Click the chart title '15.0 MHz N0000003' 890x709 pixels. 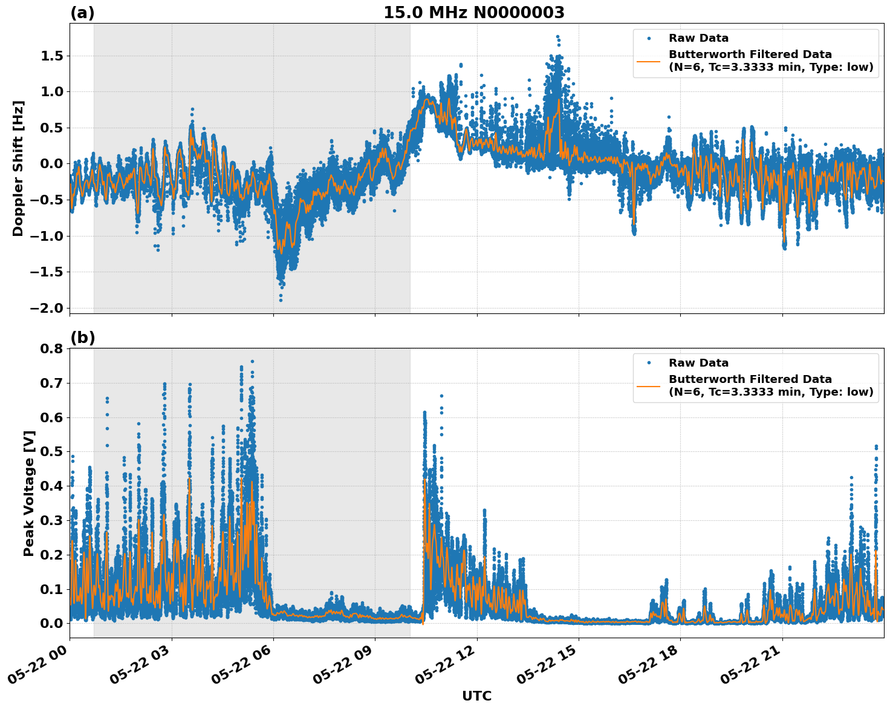473,13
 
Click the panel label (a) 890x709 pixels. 82,13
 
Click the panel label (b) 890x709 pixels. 82,338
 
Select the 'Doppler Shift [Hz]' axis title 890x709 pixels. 18,168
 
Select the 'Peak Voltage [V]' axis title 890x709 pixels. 28,493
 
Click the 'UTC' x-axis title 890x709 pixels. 476,696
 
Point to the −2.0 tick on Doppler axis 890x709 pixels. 46,308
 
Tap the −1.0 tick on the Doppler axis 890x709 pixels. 46,236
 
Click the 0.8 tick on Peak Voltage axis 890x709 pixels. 51,348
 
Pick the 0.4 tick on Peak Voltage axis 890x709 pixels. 51,486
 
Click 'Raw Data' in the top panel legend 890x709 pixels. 698,39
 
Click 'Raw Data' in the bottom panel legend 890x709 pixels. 698,363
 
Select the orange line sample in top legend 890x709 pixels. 649,60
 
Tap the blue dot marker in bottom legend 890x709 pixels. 649,363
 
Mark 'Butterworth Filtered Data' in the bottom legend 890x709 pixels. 750,379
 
